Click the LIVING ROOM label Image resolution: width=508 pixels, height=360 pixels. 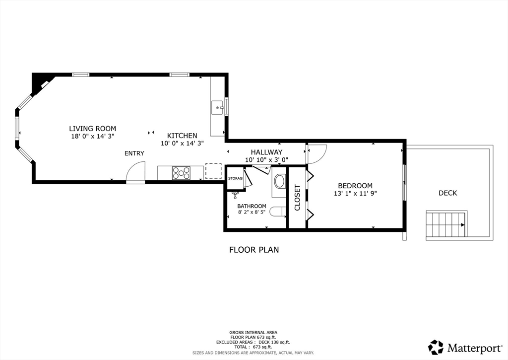pos(92,129)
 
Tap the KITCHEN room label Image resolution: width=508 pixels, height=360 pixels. pos(182,136)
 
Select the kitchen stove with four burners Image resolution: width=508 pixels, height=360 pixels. pos(182,173)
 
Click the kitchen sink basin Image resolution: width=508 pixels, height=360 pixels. pos(217,107)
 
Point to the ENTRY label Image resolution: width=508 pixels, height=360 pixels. pos(134,153)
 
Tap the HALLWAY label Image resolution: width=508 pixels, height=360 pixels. pos(266,152)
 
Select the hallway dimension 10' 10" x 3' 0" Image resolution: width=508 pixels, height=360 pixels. pos(266,159)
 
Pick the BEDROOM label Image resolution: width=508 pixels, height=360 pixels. pos(355,186)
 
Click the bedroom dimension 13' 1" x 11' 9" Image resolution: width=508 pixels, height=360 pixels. pos(355,194)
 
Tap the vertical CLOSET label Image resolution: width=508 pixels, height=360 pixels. pos(298,198)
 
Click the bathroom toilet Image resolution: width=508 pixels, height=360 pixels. pos(278,212)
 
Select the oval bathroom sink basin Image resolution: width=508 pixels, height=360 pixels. pos(279,181)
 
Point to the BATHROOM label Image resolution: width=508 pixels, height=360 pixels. pos(252,206)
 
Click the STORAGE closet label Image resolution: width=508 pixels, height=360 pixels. pos(236,178)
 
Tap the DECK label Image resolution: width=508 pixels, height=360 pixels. pos(448,193)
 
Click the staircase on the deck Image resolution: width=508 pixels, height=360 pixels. pos(446,225)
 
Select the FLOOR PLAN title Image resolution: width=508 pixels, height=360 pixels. pos(254,250)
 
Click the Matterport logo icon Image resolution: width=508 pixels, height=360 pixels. pos(436,348)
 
